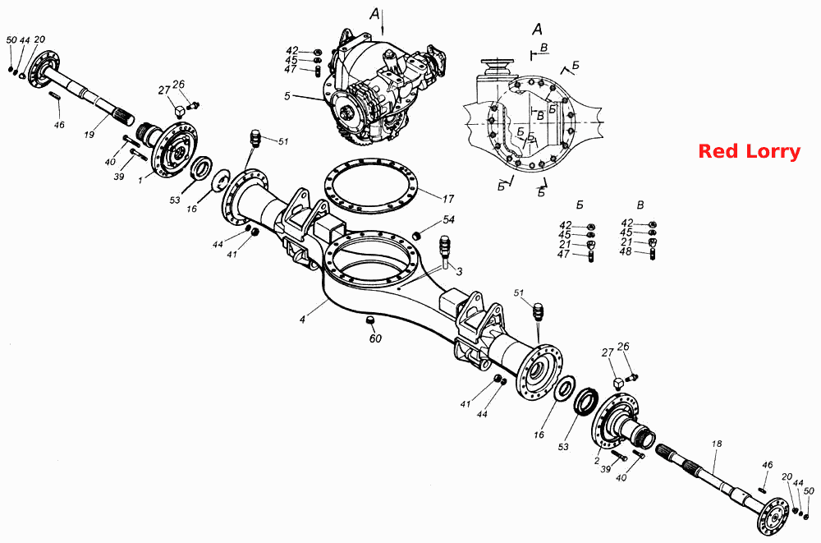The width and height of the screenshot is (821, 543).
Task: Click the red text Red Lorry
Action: click(x=750, y=151)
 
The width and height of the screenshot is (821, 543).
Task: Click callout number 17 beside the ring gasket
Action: click(x=448, y=199)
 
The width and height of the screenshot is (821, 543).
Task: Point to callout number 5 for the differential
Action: click(x=287, y=96)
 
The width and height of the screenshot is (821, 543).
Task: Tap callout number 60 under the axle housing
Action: click(x=375, y=338)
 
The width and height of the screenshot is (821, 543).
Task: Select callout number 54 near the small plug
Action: click(x=449, y=219)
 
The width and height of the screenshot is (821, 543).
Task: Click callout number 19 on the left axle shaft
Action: click(x=89, y=135)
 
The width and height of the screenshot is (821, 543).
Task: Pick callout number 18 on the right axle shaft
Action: click(x=717, y=444)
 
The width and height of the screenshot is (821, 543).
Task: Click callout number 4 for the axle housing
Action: click(x=303, y=319)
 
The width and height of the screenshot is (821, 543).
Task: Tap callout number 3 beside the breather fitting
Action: click(x=459, y=271)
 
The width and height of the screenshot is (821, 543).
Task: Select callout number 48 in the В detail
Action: click(x=626, y=251)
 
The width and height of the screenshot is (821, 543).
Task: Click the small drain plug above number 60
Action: click(x=369, y=320)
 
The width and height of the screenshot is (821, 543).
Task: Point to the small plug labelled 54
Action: click(x=418, y=234)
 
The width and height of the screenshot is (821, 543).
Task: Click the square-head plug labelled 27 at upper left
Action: click(x=180, y=112)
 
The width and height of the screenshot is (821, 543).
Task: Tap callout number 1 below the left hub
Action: click(x=140, y=181)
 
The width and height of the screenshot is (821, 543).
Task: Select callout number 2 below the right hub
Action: click(x=596, y=461)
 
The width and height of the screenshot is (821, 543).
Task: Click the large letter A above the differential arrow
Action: click(x=375, y=14)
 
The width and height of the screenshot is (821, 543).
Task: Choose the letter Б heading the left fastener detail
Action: click(x=579, y=205)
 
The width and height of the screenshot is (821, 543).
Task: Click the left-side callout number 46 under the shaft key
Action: click(x=59, y=125)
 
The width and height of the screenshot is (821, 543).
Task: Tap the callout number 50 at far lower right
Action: click(x=809, y=490)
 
